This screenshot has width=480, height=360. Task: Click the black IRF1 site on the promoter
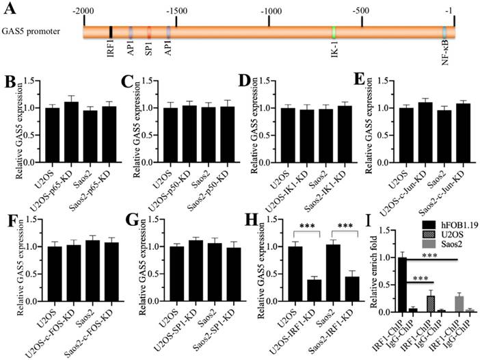point(111,31)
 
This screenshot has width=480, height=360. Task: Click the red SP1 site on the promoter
point(149,31)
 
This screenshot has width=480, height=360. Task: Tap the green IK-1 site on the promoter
point(334,31)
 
